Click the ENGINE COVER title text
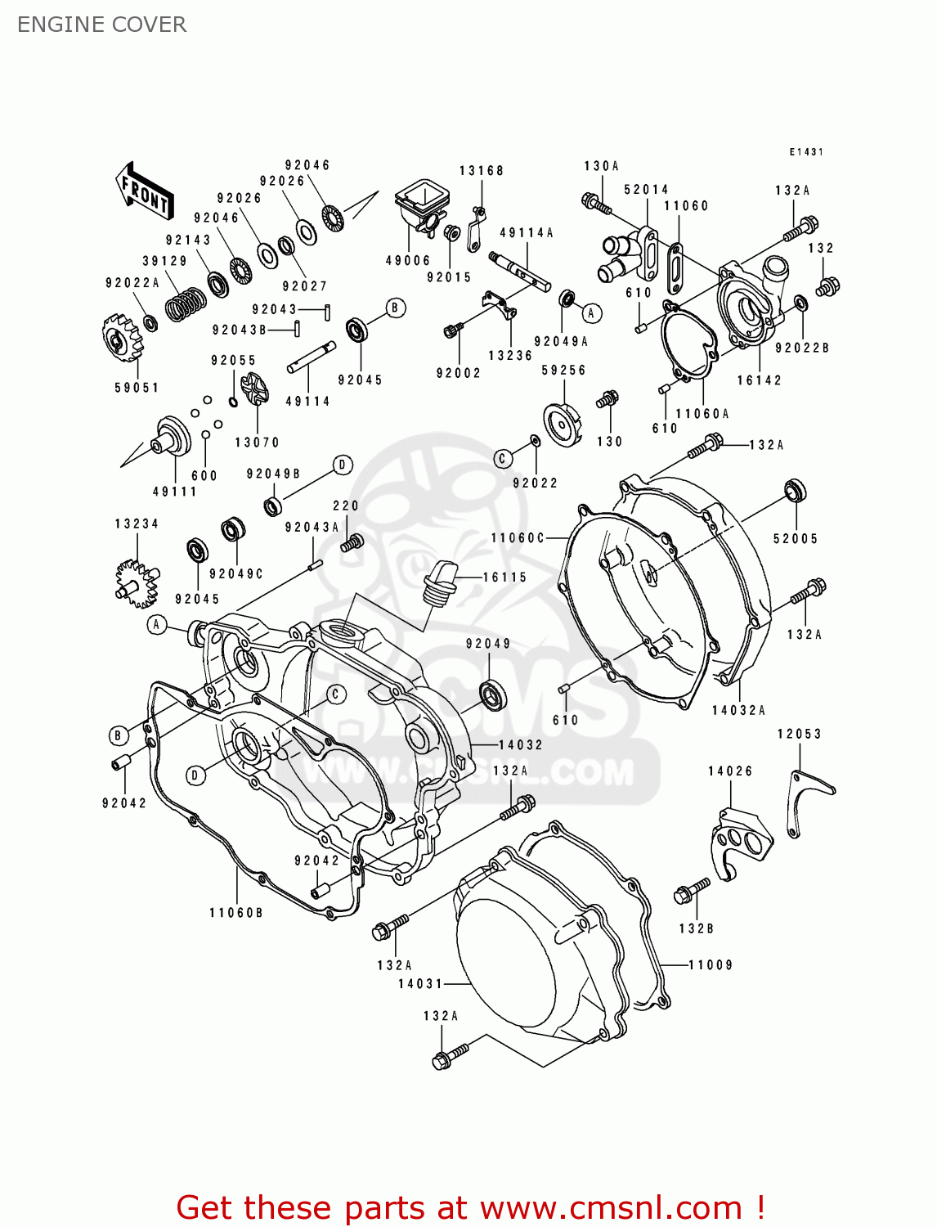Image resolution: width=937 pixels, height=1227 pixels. pos(101,25)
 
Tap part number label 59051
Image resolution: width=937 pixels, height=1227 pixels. pos(137,388)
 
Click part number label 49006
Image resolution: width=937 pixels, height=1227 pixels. pos(408,260)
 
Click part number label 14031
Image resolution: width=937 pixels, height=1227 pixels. pos(420,983)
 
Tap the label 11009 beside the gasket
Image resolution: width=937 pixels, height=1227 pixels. pos(711,965)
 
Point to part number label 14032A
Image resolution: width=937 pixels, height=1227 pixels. pos(738,710)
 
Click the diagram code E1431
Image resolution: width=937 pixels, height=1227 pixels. pos(806,152)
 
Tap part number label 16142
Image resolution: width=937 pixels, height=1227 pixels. pos(759,380)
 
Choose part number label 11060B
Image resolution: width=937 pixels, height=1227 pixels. pos(236,912)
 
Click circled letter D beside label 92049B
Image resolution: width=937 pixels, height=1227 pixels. pos(343,465)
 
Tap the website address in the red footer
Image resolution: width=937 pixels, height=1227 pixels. pos(611,1208)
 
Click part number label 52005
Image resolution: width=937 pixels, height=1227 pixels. pos(795,538)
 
